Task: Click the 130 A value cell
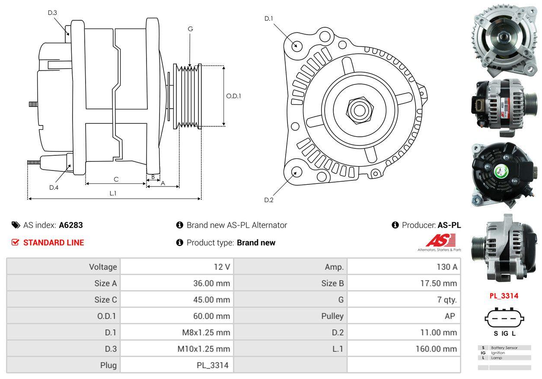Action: pyautogui.click(x=446, y=267)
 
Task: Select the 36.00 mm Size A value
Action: pyautogui.click(x=211, y=283)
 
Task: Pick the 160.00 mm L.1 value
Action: pyautogui.click(x=436, y=349)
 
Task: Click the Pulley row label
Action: pyautogui.click(x=332, y=316)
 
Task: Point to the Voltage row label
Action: pyautogui.click(x=103, y=267)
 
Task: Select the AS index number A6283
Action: pyautogui.click(x=71, y=225)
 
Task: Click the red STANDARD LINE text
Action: pyautogui.click(x=54, y=243)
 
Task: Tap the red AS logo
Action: pyautogui.click(x=440, y=240)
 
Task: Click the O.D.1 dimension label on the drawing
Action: pyautogui.click(x=233, y=96)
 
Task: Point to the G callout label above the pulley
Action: pyautogui.click(x=190, y=29)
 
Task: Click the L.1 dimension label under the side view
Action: pyautogui.click(x=113, y=193)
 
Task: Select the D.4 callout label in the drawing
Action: pyautogui.click(x=54, y=187)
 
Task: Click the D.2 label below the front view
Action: pyautogui.click(x=269, y=200)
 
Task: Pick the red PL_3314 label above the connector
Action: pyautogui.click(x=504, y=296)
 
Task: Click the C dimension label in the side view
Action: pyautogui.click(x=116, y=179)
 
